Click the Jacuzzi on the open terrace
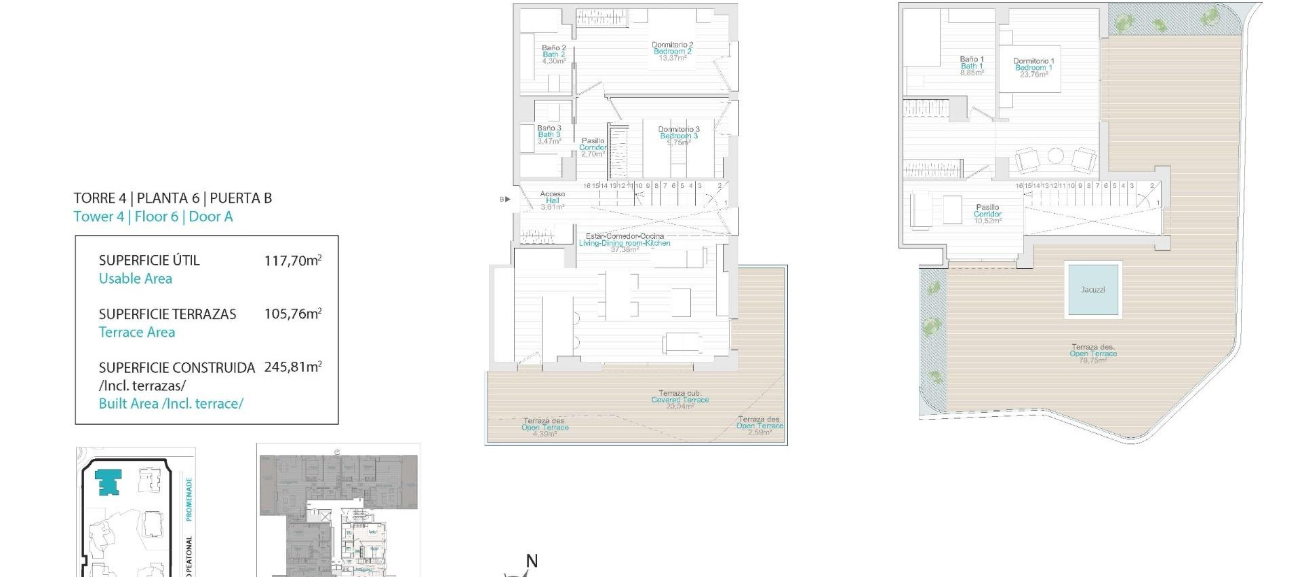[1092, 290]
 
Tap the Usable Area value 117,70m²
[292, 260]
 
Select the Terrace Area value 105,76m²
[292, 314]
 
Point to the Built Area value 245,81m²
[292, 367]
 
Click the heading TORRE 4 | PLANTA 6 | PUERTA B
[173, 198]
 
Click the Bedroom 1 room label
[1033, 67]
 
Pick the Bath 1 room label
[971, 66]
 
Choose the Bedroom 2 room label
[672, 51]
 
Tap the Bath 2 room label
[553, 54]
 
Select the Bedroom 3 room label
[678, 135]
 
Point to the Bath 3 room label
[549, 134]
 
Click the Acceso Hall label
[552, 200]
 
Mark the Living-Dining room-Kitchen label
[625, 243]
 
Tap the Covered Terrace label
[679, 400]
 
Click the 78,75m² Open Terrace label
[1092, 354]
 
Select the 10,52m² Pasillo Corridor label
[987, 214]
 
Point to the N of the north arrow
[532, 561]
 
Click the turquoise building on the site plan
[108, 481]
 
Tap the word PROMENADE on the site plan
[189, 499]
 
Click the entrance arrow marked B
[505, 199]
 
